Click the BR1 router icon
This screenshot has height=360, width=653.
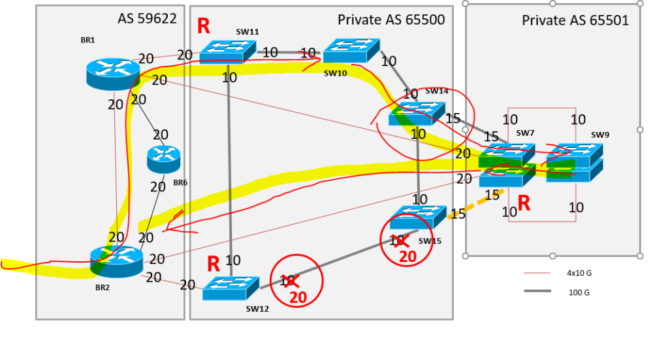point(112,73)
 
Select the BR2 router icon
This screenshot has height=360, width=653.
point(116,261)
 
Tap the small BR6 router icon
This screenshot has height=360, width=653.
point(163,159)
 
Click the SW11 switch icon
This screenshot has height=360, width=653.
point(226,52)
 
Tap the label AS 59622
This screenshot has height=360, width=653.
point(147,18)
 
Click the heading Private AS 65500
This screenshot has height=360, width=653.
point(390,20)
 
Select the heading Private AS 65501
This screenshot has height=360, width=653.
point(575,20)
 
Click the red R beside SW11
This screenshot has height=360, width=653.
point(204,26)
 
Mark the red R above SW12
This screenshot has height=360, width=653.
point(214,264)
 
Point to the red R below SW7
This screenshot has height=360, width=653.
point(524,203)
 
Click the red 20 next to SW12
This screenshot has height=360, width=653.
point(298,298)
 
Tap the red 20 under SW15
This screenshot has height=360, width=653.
point(407,257)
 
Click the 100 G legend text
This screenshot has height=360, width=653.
point(579,293)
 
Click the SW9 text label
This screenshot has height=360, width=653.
point(600,135)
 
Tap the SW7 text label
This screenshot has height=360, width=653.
point(525,133)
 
